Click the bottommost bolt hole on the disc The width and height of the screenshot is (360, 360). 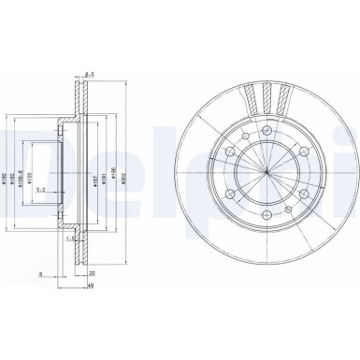coord(266,225)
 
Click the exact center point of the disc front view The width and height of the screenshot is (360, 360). coord(266,177)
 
